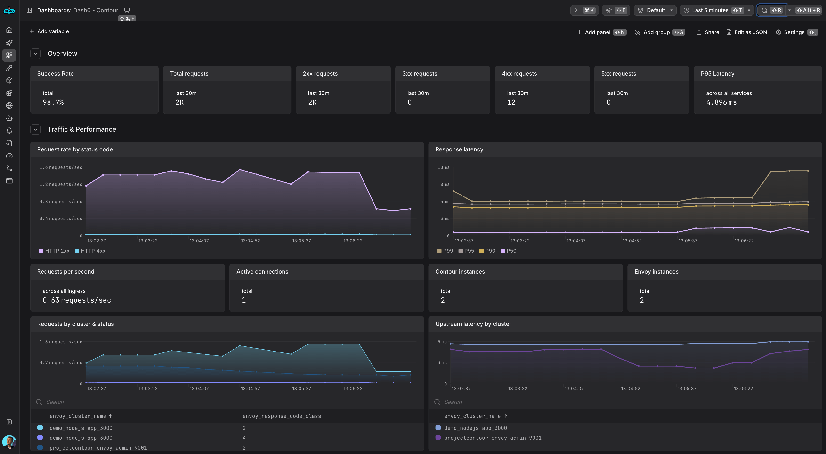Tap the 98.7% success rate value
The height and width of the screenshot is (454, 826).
click(53, 102)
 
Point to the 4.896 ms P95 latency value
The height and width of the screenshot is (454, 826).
click(721, 102)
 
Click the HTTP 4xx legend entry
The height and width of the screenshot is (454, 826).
click(90, 251)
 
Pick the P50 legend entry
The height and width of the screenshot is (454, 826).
click(509, 251)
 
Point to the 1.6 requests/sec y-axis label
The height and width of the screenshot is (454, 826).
click(61, 167)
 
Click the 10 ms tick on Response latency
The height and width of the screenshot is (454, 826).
click(444, 167)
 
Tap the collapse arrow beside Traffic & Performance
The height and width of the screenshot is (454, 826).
click(36, 129)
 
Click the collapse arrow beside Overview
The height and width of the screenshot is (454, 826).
click(36, 54)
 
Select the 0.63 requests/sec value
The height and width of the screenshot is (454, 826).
click(77, 300)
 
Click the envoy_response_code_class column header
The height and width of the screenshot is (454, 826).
click(282, 416)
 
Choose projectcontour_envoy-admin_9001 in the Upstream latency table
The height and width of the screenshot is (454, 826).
click(493, 438)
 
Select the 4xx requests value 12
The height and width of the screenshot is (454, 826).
click(511, 102)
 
